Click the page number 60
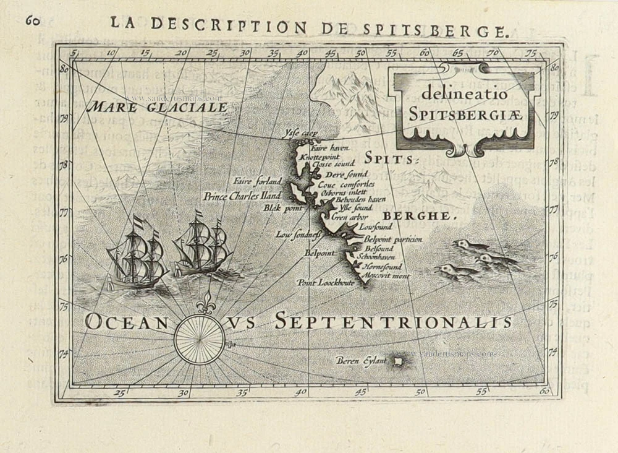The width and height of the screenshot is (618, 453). point(32,21)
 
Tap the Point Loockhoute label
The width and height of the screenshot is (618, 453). point(325,282)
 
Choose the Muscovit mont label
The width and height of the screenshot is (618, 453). point(386,275)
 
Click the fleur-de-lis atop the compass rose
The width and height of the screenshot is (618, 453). point(205,305)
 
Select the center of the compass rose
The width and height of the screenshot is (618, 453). point(199,339)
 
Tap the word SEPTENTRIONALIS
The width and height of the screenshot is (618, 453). point(394,321)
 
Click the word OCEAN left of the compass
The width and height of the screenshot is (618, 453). point(127,321)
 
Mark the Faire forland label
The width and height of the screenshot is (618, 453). point(257,181)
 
